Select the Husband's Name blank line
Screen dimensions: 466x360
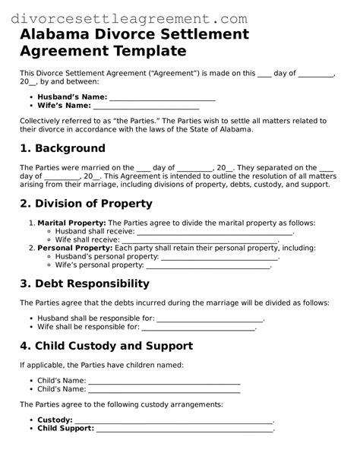coord(163,98)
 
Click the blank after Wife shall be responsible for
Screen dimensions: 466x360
coord(199,327)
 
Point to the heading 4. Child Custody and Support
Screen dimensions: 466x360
coord(106,346)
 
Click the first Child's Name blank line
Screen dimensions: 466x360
coord(164,381)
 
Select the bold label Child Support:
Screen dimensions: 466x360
coord(65,429)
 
